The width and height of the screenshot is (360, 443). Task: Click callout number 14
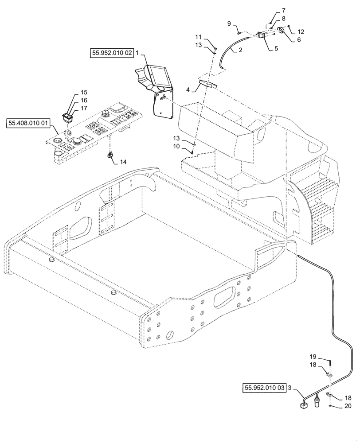coord(123,162)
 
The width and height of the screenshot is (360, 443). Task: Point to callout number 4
coord(188,90)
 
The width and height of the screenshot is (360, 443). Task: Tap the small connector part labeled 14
coord(110,155)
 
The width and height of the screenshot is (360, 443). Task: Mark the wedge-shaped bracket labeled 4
coord(207,84)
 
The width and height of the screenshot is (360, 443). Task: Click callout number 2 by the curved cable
coord(240,50)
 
